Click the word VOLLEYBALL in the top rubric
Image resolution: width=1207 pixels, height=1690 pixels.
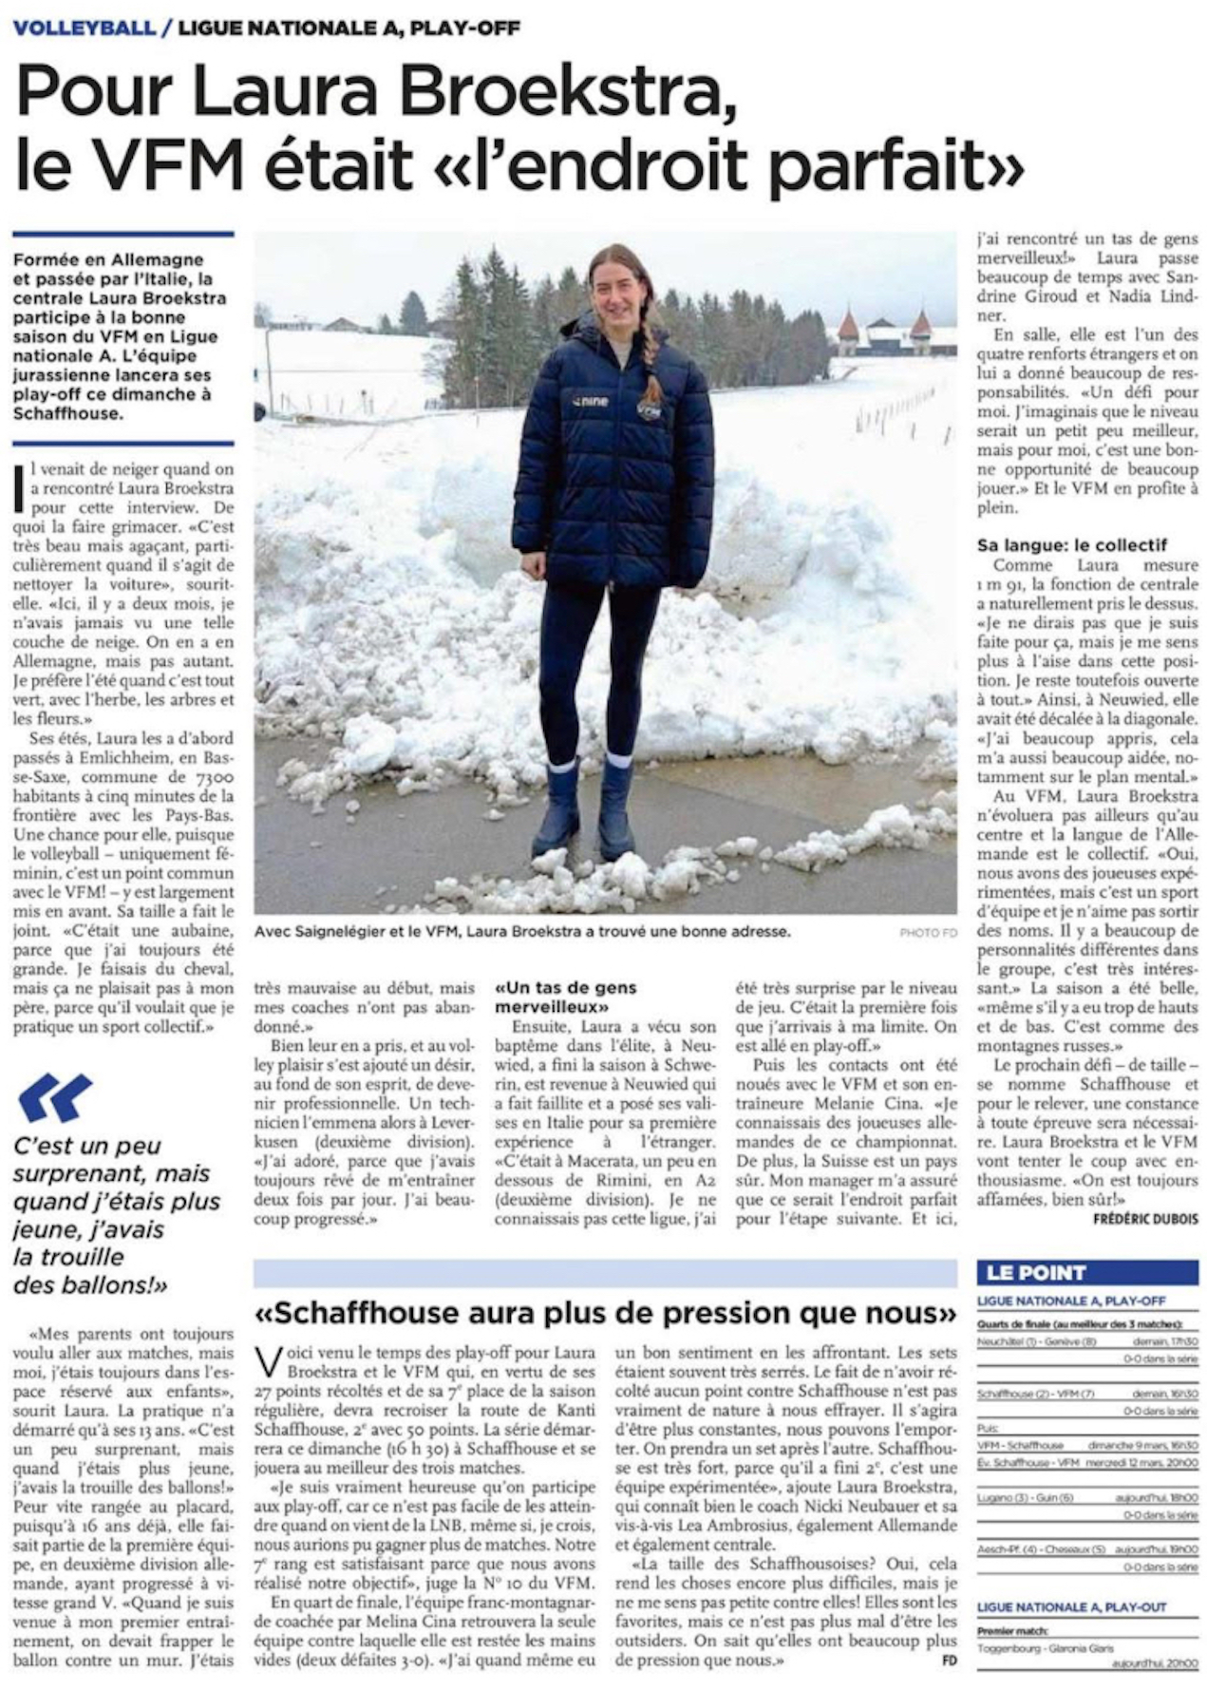(x=84, y=28)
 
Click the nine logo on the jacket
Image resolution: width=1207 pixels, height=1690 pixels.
(x=589, y=402)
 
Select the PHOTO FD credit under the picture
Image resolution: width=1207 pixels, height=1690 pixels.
(x=928, y=933)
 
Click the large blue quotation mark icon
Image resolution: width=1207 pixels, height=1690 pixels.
(x=55, y=1098)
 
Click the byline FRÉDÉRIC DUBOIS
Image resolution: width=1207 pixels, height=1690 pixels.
(x=1145, y=1219)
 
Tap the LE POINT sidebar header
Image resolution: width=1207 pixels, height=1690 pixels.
(x=1036, y=1273)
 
